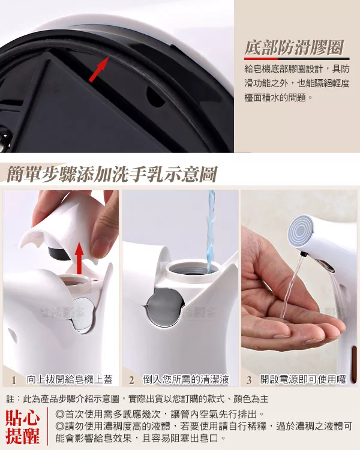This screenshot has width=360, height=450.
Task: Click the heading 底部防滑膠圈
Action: pos(294,47)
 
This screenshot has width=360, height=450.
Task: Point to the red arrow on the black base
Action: pos(98,69)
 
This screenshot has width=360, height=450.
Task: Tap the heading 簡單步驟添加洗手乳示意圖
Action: pos(112,174)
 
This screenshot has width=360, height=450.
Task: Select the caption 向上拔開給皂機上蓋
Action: pos(70,379)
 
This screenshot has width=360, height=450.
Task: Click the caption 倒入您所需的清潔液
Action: pos(186,379)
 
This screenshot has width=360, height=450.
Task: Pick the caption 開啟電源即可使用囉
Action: pos(303,379)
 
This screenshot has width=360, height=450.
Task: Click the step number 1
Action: pos(14,380)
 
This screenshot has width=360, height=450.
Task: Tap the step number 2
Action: pos(131,380)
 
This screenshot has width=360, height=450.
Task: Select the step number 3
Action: pos(249,380)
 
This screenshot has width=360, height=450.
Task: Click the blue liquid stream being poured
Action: pos(211,230)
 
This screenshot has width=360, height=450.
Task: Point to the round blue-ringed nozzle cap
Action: pos(300,230)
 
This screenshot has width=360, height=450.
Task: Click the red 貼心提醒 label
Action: pos(22,427)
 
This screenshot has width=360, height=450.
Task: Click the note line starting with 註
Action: pos(137,398)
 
